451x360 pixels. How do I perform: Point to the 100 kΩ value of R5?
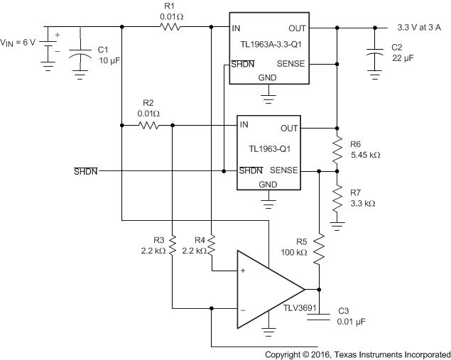tap(292, 253)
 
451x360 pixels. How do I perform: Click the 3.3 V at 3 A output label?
tap(423, 28)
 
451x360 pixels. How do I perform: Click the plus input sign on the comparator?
tap(243, 271)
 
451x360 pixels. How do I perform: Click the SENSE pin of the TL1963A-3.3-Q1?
tap(291, 64)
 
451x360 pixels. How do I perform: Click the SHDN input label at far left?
tap(85, 171)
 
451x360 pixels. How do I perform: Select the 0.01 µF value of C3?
tap(353, 321)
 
